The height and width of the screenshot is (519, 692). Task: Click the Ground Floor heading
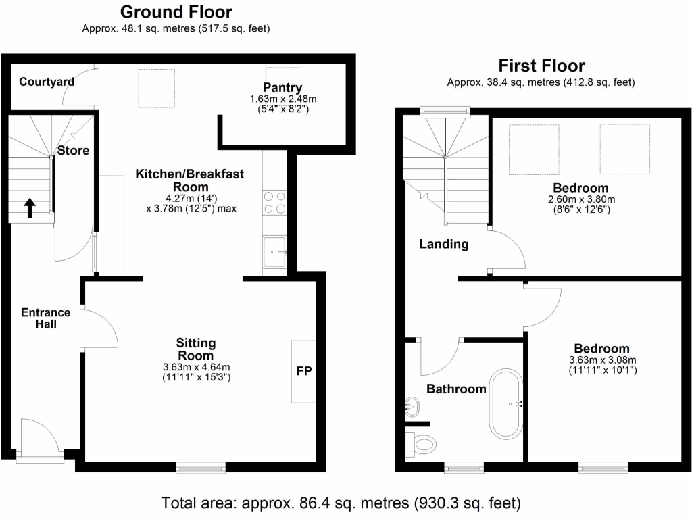click(x=176, y=12)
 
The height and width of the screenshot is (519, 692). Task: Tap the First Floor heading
click(x=541, y=66)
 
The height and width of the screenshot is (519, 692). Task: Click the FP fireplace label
click(x=303, y=372)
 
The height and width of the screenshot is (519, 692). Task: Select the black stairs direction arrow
click(x=30, y=207)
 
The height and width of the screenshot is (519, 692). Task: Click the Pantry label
click(x=282, y=87)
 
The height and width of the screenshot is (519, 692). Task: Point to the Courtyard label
click(x=47, y=82)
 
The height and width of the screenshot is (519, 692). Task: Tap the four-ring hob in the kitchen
click(x=275, y=202)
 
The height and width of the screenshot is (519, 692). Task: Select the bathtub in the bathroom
click(x=506, y=404)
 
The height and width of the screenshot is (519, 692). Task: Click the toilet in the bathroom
click(x=422, y=444)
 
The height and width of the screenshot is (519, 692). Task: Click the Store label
click(x=73, y=150)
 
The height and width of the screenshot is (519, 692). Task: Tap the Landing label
click(x=444, y=244)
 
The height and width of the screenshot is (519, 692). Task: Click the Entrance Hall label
click(x=46, y=318)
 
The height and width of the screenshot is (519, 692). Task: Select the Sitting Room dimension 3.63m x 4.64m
click(x=195, y=368)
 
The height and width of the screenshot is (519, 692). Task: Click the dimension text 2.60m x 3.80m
click(x=580, y=199)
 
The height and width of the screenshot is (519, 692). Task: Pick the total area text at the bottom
click(x=341, y=503)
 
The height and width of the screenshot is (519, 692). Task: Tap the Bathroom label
click(x=456, y=389)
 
